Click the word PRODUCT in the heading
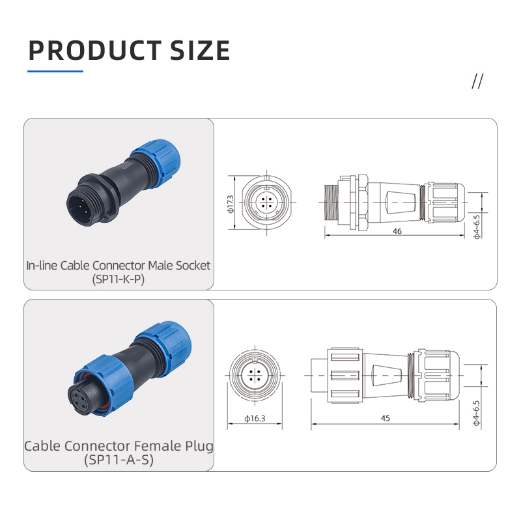[x=95, y=50]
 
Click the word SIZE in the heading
[x=200, y=50]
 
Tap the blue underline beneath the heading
[x=55, y=71]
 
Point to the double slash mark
[x=477, y=81]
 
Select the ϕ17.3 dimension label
[x=231, y=204]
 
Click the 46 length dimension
[x=397, y=231]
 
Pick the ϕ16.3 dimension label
[x=255, y=418]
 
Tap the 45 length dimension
[x=386, y=418]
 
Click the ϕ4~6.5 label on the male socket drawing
[x=477, y=227]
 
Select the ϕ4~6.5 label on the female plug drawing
[x=477, y=413]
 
